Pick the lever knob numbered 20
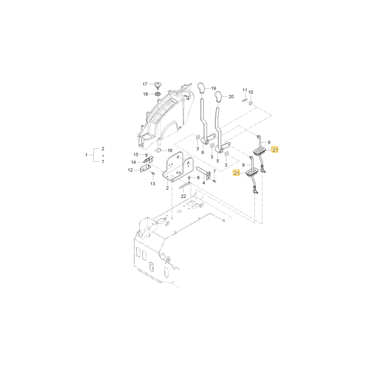pyautogui.click(x=218, y=96)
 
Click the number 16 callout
pyautogui.click(x=170, y=151)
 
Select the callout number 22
pyautogui.click(x=183, y=196)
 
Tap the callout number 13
pyautogui.click(x=152, y=184)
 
